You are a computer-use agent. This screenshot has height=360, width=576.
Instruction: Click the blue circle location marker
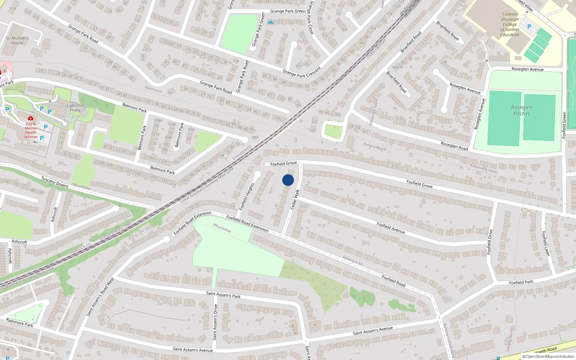(288, 180)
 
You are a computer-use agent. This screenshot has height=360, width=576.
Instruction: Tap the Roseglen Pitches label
(522, 110)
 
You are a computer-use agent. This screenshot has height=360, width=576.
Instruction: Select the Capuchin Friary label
(75, 108)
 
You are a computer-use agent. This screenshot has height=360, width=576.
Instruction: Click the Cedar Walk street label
(295, 199)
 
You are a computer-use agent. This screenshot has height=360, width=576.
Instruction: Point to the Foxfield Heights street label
(247, 196)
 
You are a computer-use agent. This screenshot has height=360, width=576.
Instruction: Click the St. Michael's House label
(17, 40)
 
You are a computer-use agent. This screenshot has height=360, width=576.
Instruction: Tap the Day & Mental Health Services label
(31, 130)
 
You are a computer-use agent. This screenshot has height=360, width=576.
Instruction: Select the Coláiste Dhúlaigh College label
(510, 24)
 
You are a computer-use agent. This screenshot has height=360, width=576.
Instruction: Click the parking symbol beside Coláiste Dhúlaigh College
(529, 27)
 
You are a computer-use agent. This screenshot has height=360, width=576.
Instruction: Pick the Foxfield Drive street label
(489, 242)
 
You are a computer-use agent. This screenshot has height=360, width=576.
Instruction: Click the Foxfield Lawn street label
(546, 243)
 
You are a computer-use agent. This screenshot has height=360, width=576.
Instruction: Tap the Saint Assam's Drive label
(215, 322)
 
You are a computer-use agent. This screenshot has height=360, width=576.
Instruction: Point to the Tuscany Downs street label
(55, 182)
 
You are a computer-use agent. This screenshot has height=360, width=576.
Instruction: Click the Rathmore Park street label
(19, 322)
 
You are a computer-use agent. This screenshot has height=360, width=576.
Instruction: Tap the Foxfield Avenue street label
(391, 228)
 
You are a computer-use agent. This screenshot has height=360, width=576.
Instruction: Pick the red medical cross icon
(31, 118)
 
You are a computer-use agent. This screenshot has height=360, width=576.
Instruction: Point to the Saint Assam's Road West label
(100, 297)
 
